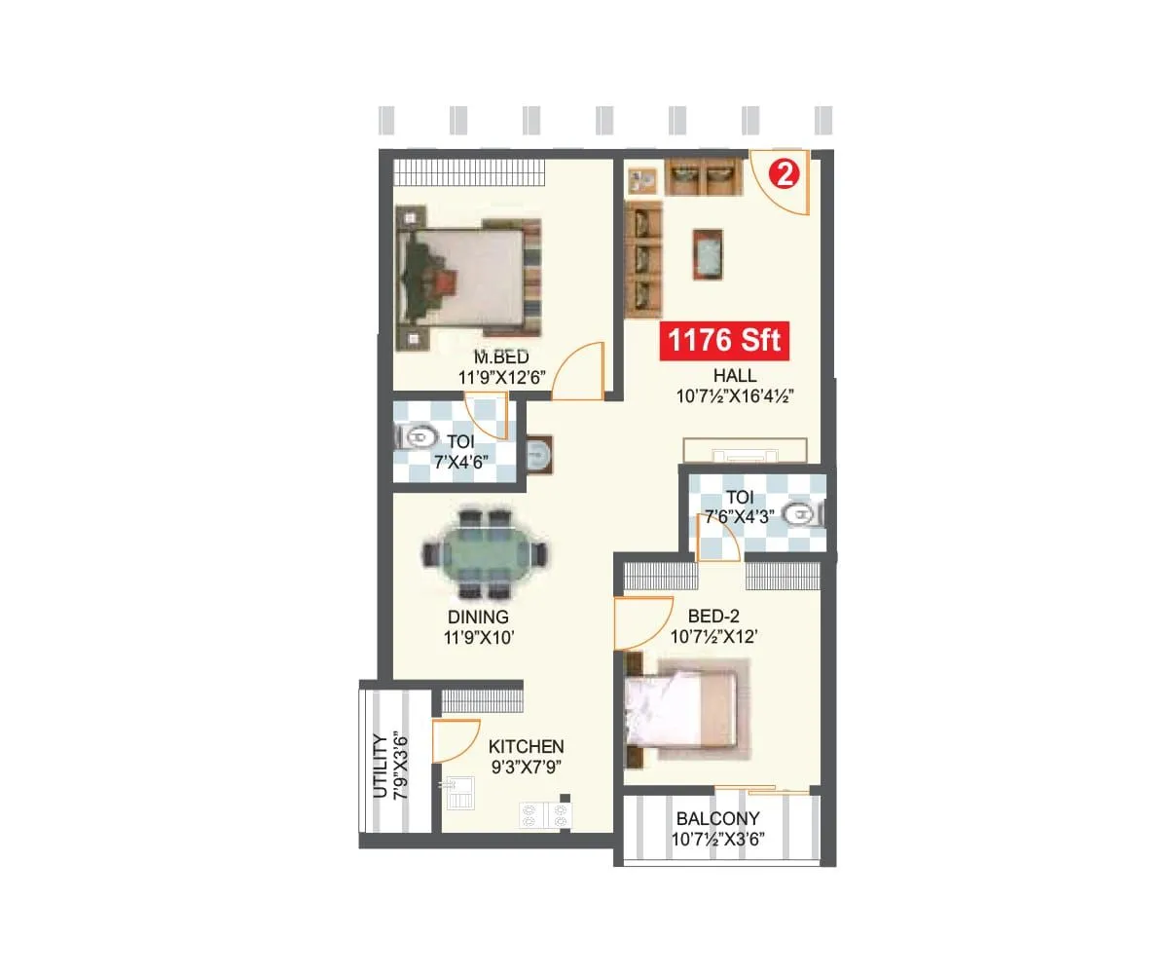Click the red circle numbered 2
785,174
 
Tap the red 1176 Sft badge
723,342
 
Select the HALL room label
734,376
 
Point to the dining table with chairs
484,554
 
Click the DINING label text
478,617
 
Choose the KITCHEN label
526,746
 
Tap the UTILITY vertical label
379,766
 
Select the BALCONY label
718,819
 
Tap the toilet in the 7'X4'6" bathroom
420,437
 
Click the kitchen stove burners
545,815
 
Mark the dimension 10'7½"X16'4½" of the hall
736,396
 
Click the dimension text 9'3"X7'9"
526,767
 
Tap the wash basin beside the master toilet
538,454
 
